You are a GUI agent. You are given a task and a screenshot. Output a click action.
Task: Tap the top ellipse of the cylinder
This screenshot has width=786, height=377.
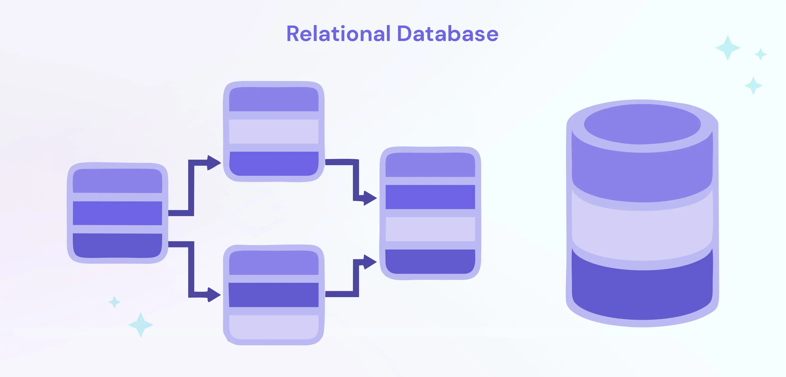click(x=642, y=124)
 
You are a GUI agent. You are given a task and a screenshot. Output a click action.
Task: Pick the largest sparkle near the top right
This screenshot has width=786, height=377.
click(x=728, y=48)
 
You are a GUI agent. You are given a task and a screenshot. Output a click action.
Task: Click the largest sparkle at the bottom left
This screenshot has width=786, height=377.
click(x=141, y=325)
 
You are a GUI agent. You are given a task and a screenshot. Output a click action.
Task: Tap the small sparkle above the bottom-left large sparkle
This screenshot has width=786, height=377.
click(x=114, y=302)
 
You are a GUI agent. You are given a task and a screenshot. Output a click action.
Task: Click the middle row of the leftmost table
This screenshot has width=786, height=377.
click(x=117, y=213)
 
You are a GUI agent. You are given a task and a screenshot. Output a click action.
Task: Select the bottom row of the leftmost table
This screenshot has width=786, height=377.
click(x=117, y=246)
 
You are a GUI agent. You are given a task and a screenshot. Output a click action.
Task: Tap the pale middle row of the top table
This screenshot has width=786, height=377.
click(x=273, y=131)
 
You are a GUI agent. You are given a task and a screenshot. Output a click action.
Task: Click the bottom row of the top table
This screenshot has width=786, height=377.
click(x=273, y=164)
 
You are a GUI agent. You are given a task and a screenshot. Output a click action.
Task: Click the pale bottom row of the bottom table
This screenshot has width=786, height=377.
click(x=273, y=327)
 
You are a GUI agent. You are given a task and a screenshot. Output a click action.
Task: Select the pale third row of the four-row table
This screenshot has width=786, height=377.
click(x=430, y=229)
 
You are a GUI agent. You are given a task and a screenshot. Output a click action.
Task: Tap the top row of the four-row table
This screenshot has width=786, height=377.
click(x=430, y=165)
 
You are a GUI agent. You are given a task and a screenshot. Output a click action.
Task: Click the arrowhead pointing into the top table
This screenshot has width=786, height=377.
click(x=214, y=163)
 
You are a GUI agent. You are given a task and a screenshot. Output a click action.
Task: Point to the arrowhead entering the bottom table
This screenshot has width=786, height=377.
click(x=214, y=294)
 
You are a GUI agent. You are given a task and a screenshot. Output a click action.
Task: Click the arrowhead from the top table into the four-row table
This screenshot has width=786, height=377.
click(x=370, y=198)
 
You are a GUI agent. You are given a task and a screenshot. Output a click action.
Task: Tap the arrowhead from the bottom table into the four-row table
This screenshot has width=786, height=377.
click(x=370, y=262)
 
